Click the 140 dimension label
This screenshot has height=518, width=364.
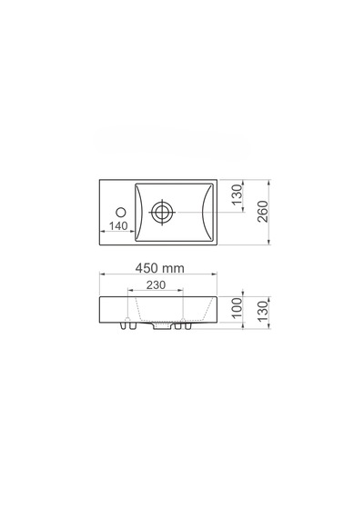pyautogui.click(x=118, y=226)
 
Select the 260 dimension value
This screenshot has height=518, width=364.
pyautogui.click(x=262, y=212)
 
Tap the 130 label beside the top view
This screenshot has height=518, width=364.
pyautogui.click(x=237, y=194)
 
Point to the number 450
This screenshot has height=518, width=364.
pyautogui.click(x=147, y=268)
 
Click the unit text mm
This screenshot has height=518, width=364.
pyautogui.click(x=173, y=269)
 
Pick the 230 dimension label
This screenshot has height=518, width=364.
pyautogui.click(x=156, y=284)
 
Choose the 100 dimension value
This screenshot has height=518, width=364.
pyautogui.click(x=237, y=307)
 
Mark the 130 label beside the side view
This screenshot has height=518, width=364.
pyautogui.click(x=262, y=311)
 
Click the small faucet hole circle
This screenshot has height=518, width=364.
pyautogui.click(x=121, y=212)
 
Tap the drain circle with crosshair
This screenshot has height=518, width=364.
pyautogui.click(x=162, y=212)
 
